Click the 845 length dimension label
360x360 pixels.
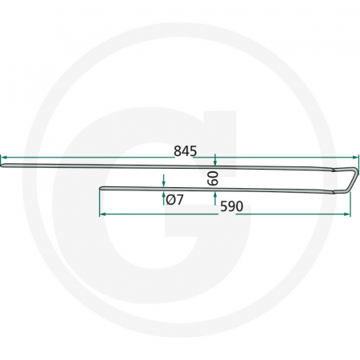point(186,150)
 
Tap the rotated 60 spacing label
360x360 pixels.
point(213,178)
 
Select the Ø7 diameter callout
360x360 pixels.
point(174,199)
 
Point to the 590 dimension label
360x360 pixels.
point(230,206)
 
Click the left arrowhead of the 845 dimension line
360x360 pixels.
point(3,158)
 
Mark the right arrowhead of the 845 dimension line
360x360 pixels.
point(349,158)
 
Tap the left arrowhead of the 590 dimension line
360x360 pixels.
point(102,214)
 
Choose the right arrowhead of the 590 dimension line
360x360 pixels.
point(347,214)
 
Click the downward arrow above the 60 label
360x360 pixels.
point(215,162)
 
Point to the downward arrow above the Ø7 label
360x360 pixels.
point(163,183)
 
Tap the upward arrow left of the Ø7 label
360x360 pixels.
point(163,196)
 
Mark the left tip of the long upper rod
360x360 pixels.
point(2,166)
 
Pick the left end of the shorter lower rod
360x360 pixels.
point(100,190)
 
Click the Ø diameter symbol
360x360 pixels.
point(170,199)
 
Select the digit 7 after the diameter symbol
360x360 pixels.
point(179,199)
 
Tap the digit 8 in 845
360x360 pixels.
point(178,150)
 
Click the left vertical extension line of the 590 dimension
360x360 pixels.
point(98,204)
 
